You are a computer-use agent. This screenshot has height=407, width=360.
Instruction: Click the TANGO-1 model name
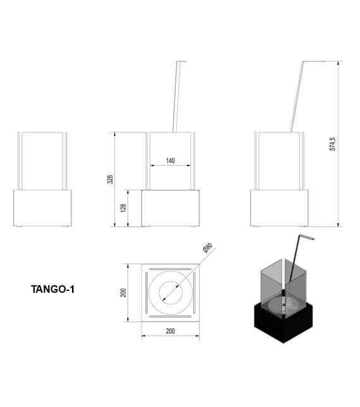click(52, 289)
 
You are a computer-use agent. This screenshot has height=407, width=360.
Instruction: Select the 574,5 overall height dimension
click(332, 144)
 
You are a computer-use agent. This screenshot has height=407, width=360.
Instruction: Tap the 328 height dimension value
click(110, 179)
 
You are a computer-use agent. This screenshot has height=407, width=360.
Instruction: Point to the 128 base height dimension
click(123, 208)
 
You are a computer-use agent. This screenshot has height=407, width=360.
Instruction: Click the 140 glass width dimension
click(171, 161)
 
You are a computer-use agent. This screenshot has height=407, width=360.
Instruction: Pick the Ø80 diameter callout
click(208, 247)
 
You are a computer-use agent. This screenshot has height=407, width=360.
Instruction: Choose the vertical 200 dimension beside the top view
click(123, 293)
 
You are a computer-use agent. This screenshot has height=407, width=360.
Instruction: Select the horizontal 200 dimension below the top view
click(170, 331)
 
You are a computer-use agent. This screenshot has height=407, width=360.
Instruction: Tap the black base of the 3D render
click(284, 324)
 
